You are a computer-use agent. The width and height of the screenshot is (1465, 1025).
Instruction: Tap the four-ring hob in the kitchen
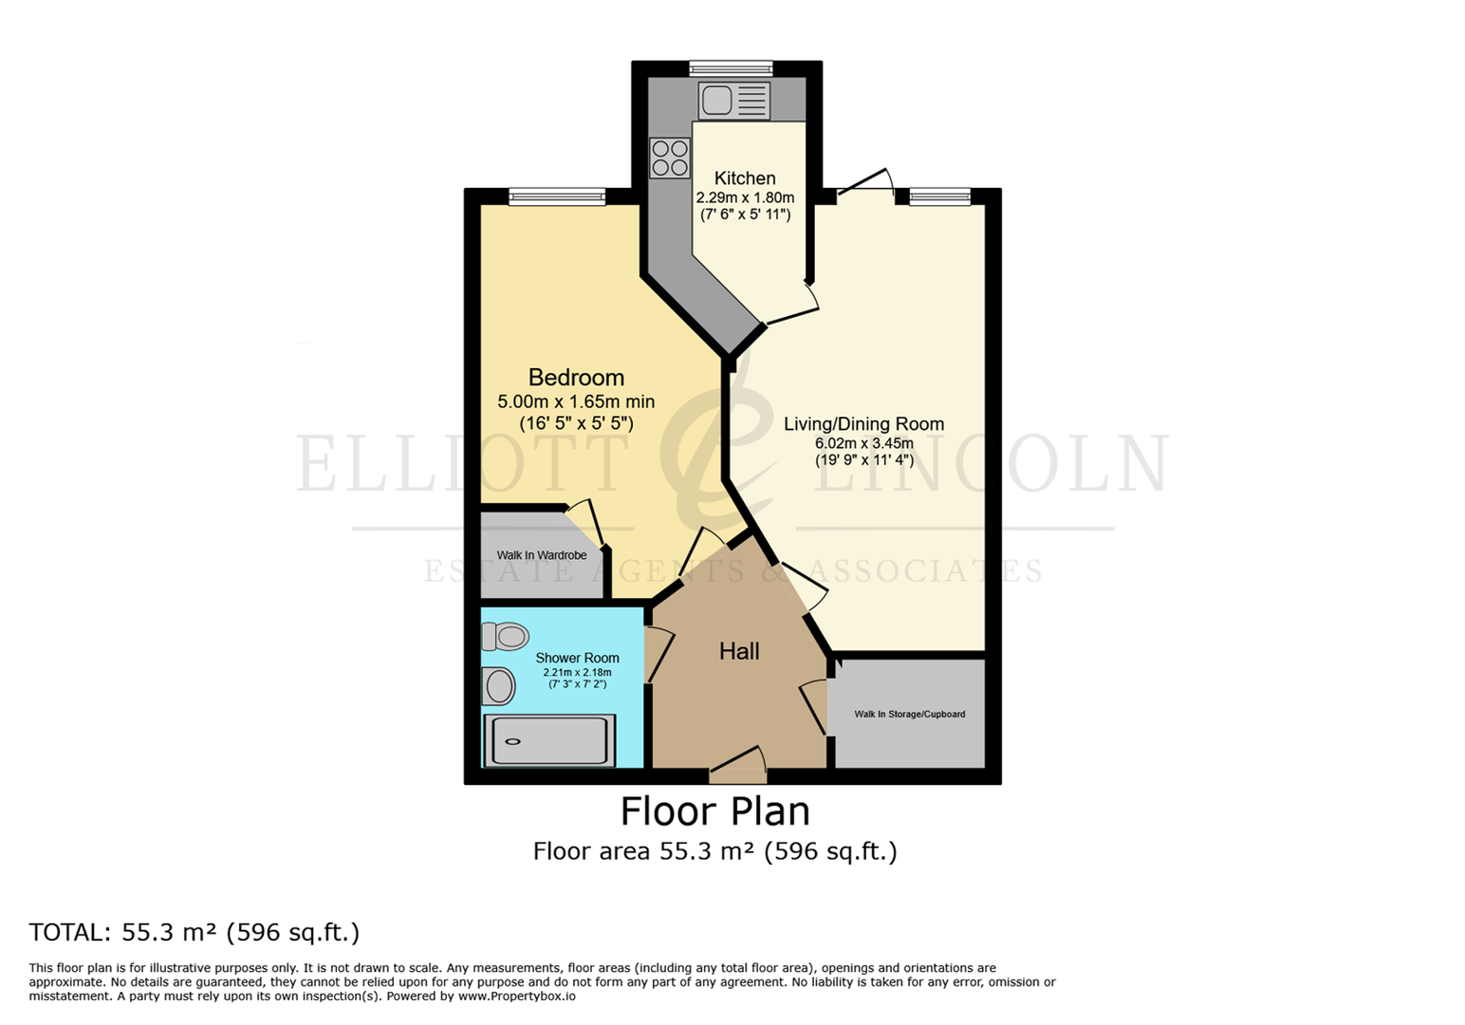point(669,158)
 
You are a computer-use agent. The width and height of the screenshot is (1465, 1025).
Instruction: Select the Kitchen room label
point(745,178)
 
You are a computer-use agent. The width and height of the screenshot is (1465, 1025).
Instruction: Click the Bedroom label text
point(576,378)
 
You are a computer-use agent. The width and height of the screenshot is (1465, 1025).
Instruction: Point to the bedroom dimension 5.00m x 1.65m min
point(576,401)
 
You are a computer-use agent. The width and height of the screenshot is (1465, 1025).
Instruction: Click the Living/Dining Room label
point(863,424)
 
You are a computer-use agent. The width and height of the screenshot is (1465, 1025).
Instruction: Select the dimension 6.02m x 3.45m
point(863,443)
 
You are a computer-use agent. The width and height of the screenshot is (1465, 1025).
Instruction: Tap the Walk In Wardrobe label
point(541,555)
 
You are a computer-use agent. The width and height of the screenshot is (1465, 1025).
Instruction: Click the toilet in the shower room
point(505,636)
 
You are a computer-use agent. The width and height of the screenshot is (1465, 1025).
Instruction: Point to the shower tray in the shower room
point(548,741)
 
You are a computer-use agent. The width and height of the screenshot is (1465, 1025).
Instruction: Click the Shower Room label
point(577,658)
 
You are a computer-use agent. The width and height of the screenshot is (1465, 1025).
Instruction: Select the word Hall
point(738,651)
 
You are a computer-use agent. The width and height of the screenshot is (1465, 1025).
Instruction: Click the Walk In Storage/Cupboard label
point(909,714)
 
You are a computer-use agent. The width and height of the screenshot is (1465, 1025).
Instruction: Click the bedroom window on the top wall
point(556,196)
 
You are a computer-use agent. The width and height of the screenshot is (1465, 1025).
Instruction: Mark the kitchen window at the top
point(731,68)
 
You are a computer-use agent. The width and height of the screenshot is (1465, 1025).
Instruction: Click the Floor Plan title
point(714,811)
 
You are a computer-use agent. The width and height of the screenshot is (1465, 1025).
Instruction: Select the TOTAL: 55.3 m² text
point(195,932)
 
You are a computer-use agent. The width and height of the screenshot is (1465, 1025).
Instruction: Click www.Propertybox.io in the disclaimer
point(517,997)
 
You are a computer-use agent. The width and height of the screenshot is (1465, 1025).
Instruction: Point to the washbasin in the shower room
point(498,685)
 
